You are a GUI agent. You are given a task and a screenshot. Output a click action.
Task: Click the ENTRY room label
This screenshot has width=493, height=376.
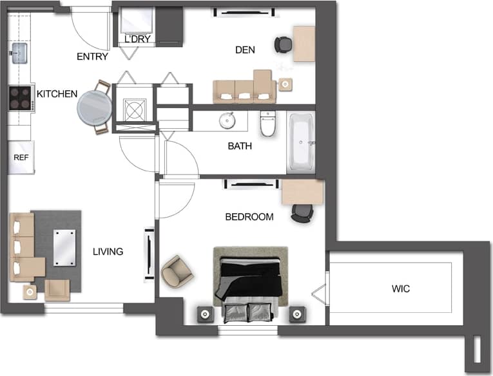(92, 57)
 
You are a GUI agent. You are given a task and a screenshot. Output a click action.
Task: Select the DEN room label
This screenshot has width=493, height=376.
(246, 50)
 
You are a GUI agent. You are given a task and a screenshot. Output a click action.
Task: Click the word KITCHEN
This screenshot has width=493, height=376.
(57, 94)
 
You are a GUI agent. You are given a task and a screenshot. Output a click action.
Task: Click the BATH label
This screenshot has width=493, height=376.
(240, 146)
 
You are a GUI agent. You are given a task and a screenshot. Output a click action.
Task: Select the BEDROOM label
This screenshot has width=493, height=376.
(249, 217)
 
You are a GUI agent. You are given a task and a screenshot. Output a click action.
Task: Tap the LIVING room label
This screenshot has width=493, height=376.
(108, 252)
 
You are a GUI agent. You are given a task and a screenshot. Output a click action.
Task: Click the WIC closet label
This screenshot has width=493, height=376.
(400, 288)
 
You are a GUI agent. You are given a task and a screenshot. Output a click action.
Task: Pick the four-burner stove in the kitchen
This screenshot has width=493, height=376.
(20, 99)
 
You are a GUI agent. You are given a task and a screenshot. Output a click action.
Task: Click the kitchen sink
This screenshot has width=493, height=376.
(19, 52)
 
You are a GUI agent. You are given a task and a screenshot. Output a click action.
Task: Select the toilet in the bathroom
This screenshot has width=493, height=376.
(267, 125)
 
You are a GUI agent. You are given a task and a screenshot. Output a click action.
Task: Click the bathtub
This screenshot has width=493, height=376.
(300, 143)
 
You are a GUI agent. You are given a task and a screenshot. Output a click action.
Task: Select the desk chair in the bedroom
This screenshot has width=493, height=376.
(301, 212)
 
